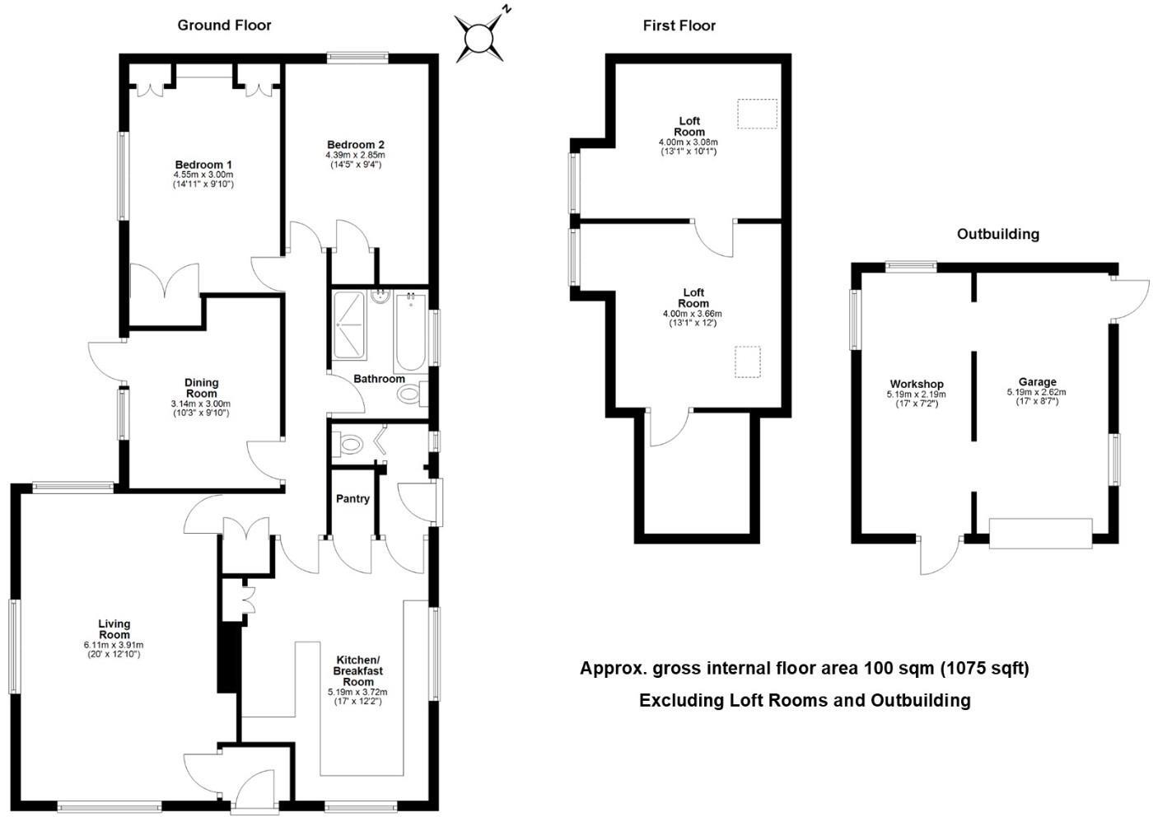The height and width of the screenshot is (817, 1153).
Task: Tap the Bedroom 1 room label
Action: (x=203, y=165)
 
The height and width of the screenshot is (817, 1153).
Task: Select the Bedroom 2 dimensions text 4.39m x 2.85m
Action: (x=355, y=155)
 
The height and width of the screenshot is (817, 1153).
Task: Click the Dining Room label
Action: (x=201, y=388)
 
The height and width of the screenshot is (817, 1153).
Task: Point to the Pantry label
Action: (x=352, y=498)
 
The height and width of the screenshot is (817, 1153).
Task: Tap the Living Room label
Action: (x=114, y=629)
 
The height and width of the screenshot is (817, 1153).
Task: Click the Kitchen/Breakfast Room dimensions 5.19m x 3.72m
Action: (x=357, y=692)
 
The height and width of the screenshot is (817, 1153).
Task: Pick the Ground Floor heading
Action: (x=224, y=26)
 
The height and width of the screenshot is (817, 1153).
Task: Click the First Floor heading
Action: (x=679, y=26)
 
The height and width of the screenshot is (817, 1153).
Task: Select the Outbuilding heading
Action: (x=997, y=235)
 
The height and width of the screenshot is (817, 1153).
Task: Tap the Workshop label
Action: (x=916, y=384)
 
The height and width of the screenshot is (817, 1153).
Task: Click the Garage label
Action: (x=1037, y=382)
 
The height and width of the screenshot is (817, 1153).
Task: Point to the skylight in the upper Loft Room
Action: (x=757, y=114)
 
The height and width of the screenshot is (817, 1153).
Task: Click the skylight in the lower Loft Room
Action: (x=748, y=362)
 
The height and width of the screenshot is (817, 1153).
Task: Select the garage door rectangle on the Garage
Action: (x=1040, y=533)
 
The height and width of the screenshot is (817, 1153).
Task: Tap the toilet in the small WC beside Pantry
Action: (x=349, y=446)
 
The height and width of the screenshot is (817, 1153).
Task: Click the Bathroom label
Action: (x=379, y=379)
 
